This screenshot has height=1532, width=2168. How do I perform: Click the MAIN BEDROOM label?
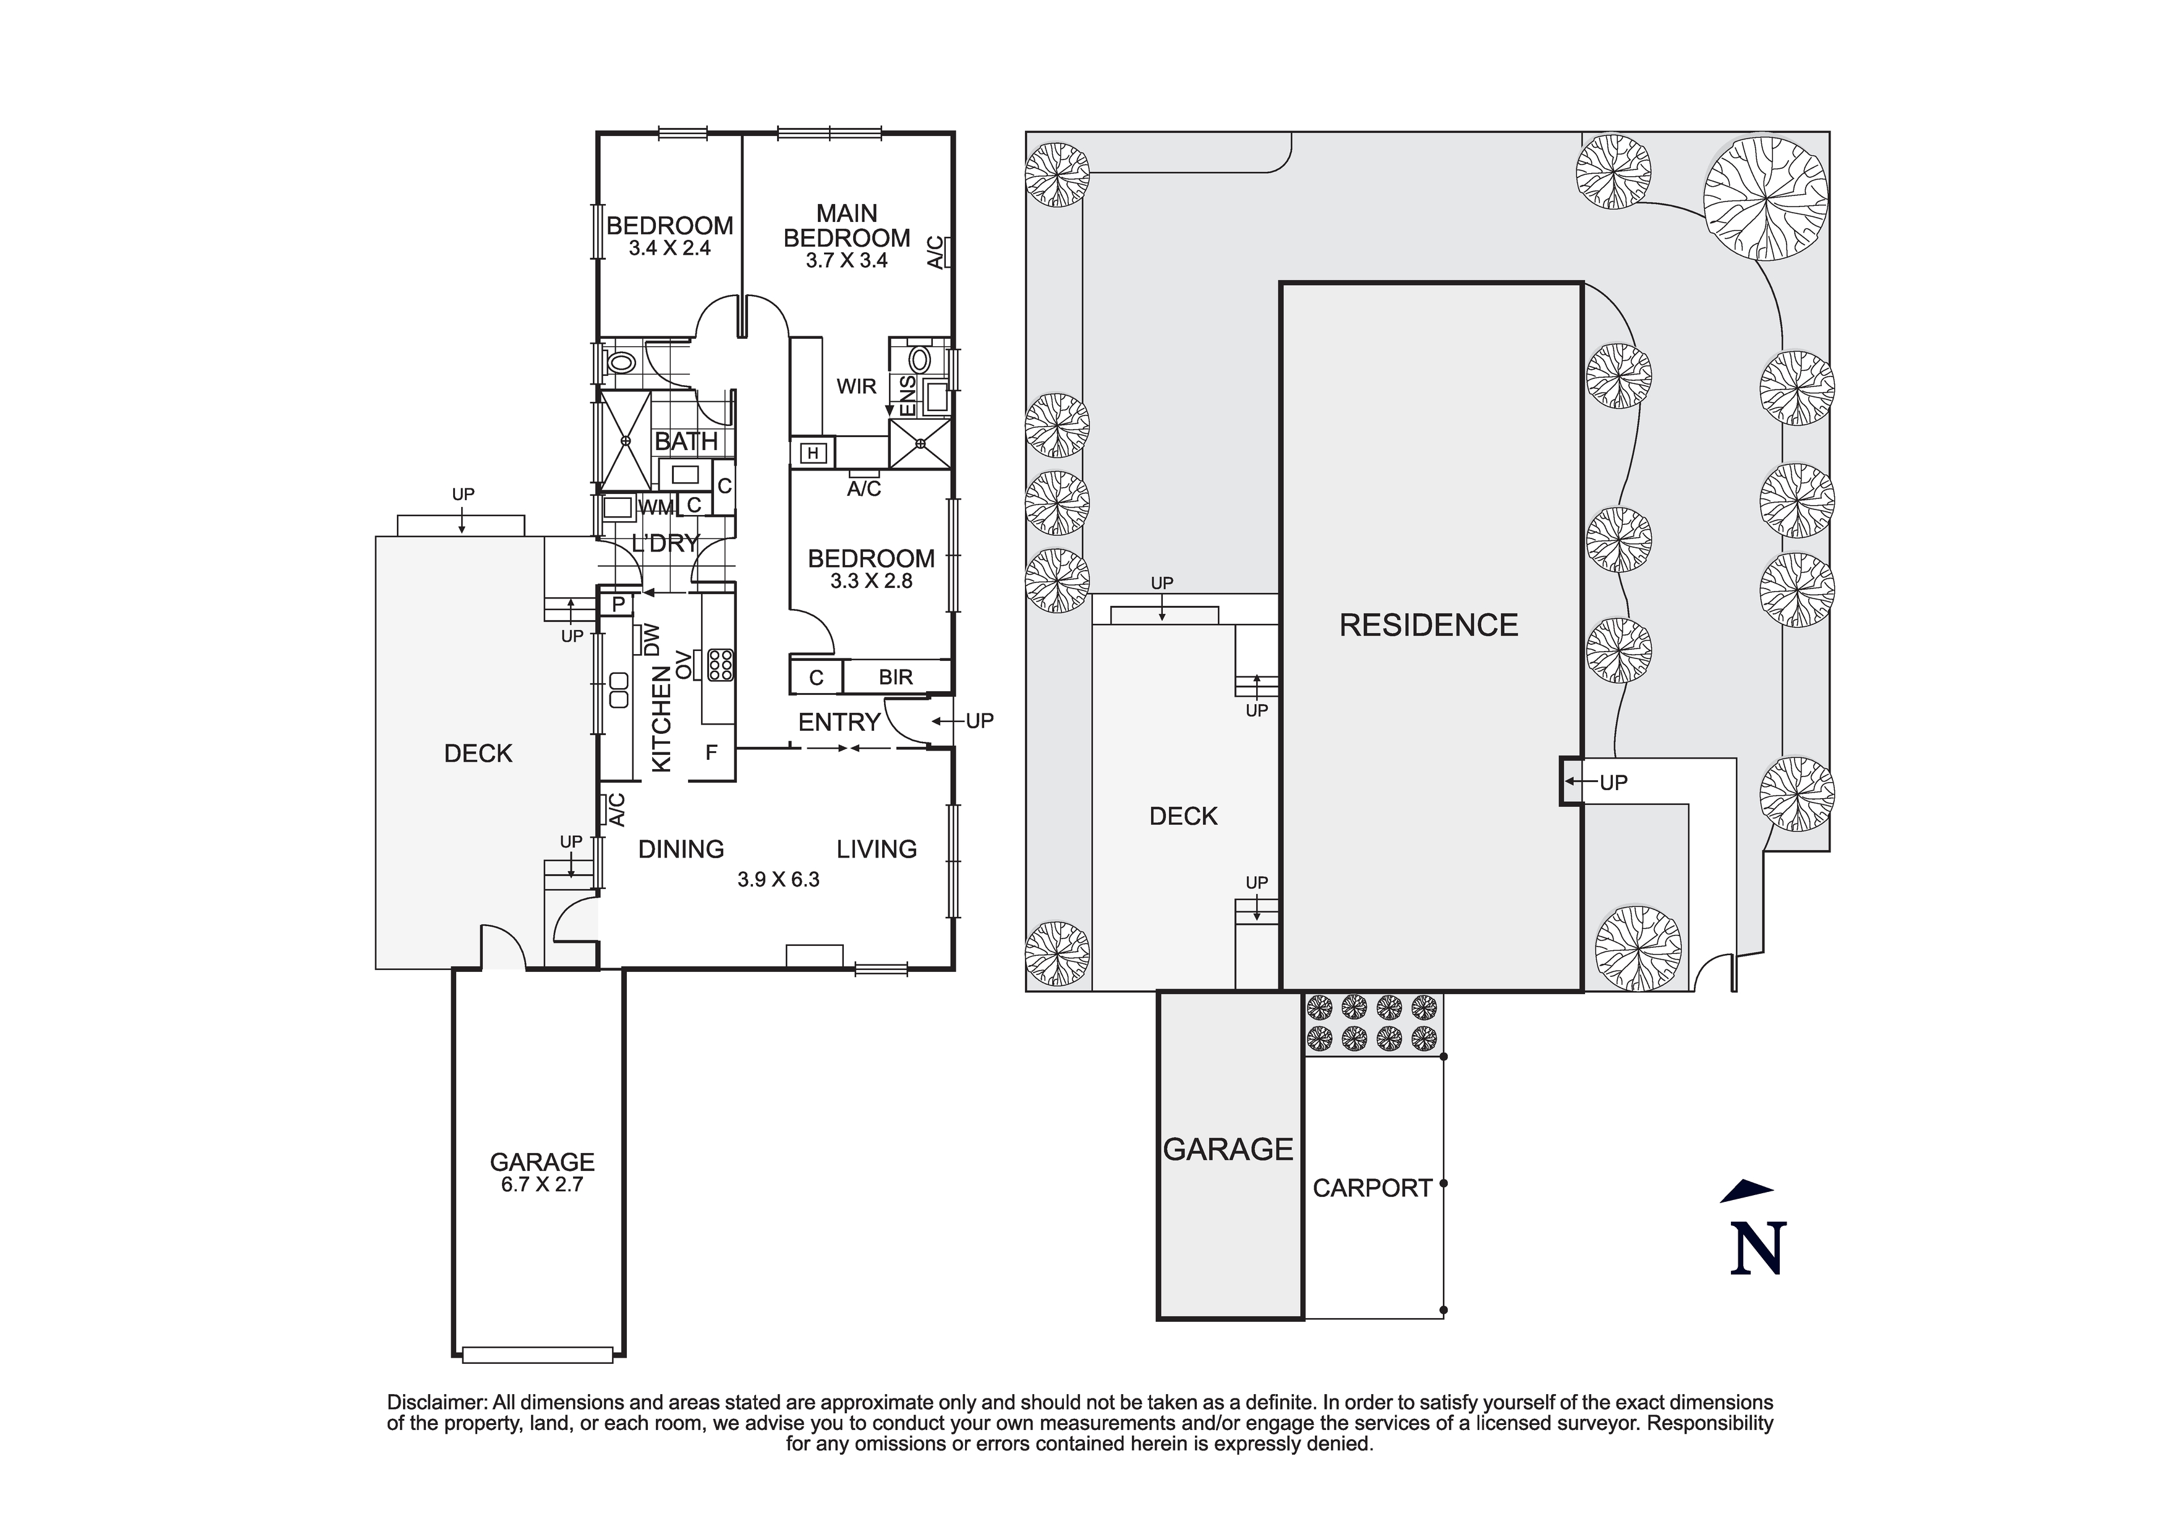[846, 226]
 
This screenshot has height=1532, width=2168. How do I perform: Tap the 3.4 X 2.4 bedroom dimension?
[670, 249]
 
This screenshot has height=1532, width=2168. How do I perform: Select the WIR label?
[856, 386]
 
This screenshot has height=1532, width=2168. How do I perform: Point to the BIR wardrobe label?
[895, 677]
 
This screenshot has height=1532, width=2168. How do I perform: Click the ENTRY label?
[838, 723]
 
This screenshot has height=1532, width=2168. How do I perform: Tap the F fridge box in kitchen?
[712, 753]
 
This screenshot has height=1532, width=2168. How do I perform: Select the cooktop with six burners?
[720, 665]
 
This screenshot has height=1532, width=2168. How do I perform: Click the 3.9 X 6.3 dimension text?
[778, 879]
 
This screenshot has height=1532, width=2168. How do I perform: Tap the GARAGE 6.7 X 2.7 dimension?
[542, 1185]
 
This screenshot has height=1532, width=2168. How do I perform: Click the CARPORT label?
[1372, 1188]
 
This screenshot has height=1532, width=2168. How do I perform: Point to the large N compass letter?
[1758, 1249]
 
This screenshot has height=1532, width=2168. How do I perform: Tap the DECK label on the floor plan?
[478, 754]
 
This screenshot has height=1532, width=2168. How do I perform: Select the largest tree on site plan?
[1765, 199]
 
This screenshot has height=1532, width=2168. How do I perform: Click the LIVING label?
[876, 849]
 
